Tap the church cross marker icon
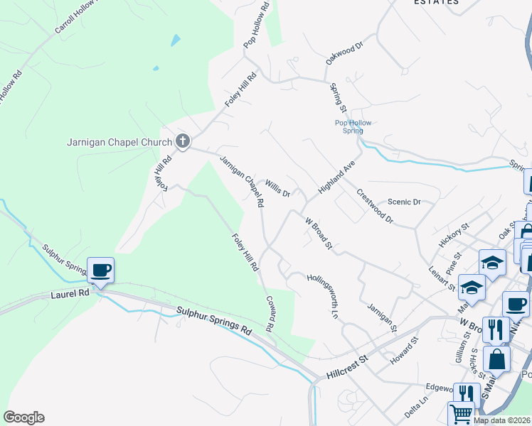pyautogui.click(x=182, y=141)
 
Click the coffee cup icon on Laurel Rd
pyautogui.click(x=100, y=270)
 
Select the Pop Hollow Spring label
pyautogui.click(x=353, y=126)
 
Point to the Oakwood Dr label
pyautogui.click(x=345, y=53)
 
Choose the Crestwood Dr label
pyautogui.click(x=375, y=206)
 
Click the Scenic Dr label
pyautogui.click(x=405, y=202)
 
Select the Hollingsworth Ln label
pyautogui.click(x=323, y=294)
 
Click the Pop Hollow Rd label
pyautogui.click(x=255, y=25)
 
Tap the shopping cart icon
pyautogui.click(x=462, y=413)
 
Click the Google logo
pyautogui.click(x=24, y=417)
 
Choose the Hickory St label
pyautogui.click(x=454, y=235)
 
